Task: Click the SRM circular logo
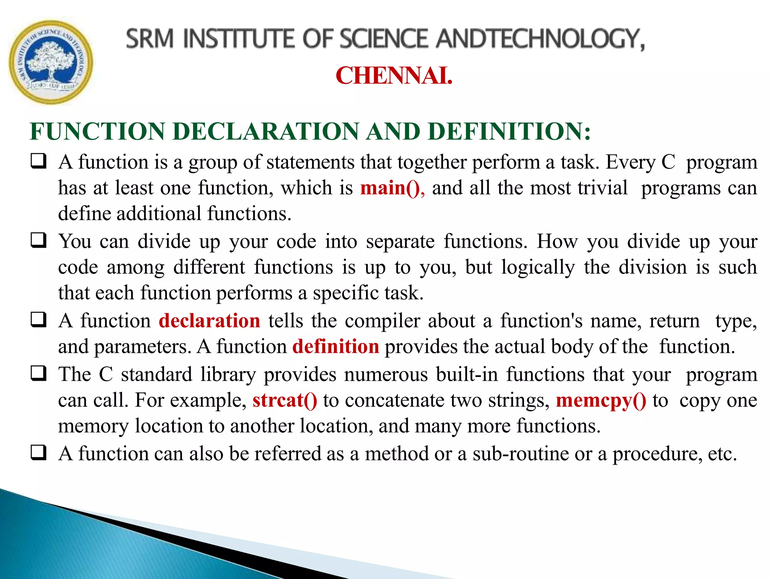tap(51, 62)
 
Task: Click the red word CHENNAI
tap(394, 76)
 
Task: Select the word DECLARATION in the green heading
tap(265, 132)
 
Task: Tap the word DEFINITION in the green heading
tap(509, 132)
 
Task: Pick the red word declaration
tap(209, 321)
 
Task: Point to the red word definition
tap(335, 346)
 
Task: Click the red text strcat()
tap(285, 400)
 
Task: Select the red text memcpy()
tap(601, 401)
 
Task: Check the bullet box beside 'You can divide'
tap(38, 240)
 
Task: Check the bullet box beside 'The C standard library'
tap(38, 374)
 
